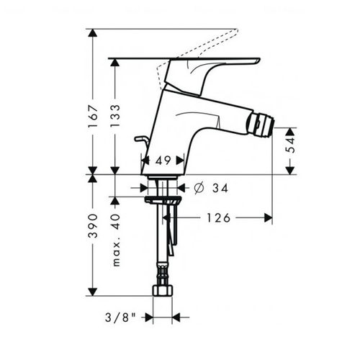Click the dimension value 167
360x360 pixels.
click(x=93, y=116)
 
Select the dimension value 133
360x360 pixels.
click(x=115, y=116)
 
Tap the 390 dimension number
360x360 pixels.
click(x=93, y=225)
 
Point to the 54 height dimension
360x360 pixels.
click(x=290, y=145)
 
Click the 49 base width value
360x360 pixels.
click(x=163, y=161)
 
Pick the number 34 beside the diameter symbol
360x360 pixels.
click(x=220, y=188)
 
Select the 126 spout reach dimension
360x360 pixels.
click(x=218, y=218)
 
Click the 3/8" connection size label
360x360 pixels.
click(x=120, y=318)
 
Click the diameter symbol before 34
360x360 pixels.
click(x=199, y=188)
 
